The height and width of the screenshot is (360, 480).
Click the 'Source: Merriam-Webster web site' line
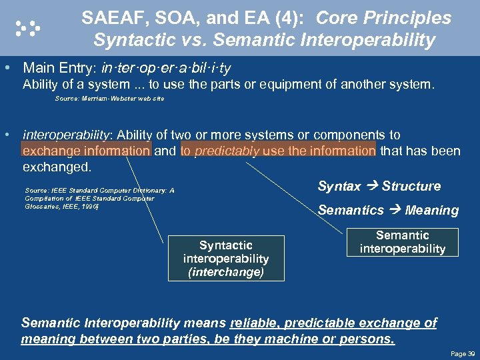click(109, 99)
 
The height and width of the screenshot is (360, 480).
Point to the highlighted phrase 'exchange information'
click(87, 151)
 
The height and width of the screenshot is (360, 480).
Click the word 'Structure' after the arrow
click(411, 187)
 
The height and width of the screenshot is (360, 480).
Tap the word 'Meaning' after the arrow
click(431, 211)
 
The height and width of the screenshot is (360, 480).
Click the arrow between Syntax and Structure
click(371, 187)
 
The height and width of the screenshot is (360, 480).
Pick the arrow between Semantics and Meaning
click(393, 211)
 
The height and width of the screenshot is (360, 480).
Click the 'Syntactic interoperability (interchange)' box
click(226, 259)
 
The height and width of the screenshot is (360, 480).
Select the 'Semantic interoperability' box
click(402, 242)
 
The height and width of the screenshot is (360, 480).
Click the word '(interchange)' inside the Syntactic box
click(226, 272)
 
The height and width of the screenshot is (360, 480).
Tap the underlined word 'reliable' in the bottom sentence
click(256, 323)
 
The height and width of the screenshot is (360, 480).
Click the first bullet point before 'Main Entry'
click(7, 68)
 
